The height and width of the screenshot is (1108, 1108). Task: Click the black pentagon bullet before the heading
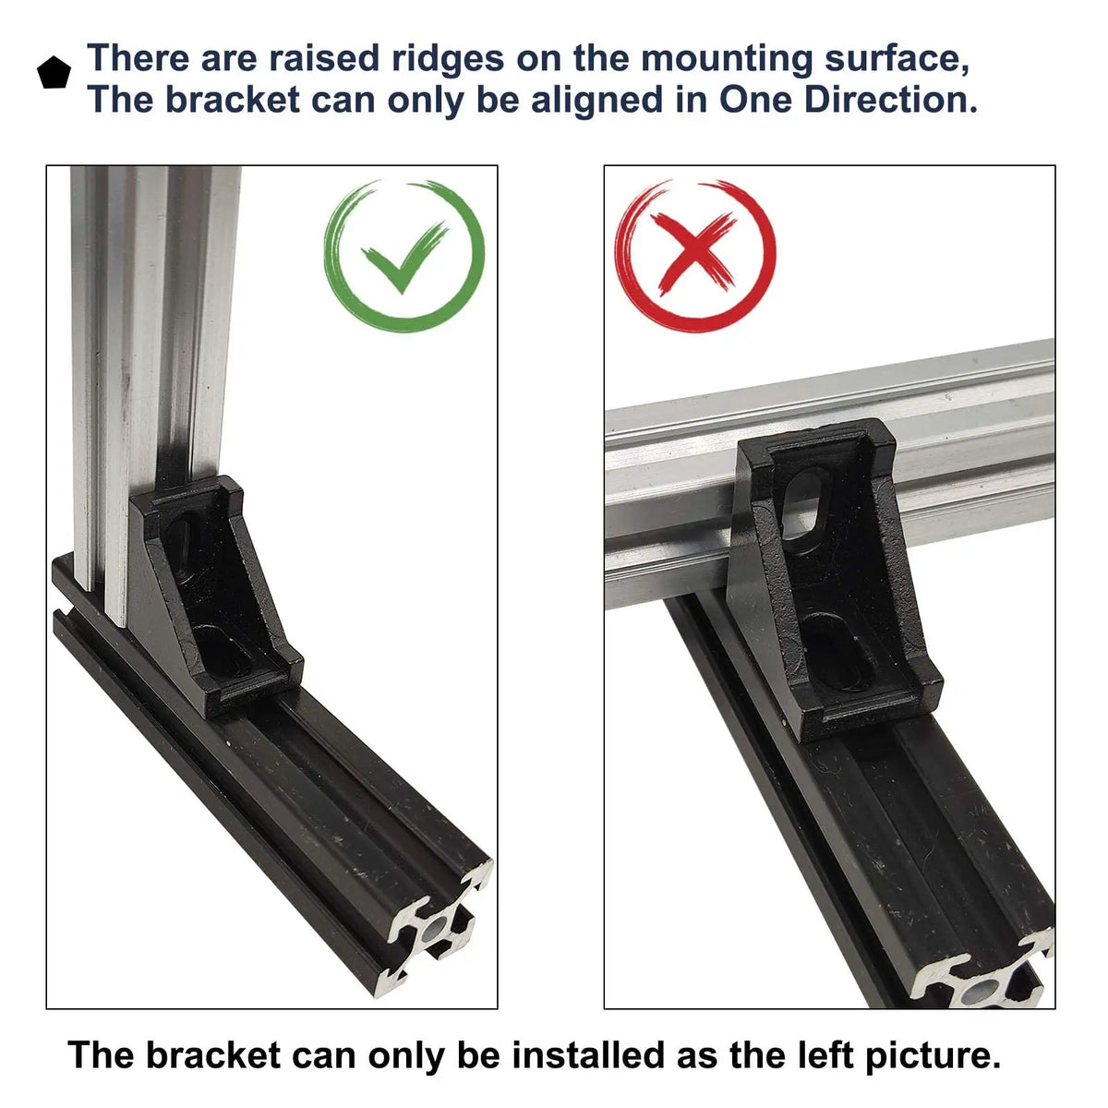[54, 73]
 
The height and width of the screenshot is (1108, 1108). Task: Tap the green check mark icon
[404, 257]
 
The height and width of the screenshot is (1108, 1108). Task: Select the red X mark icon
[695, 256]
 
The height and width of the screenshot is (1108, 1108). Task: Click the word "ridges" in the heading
[447, 58]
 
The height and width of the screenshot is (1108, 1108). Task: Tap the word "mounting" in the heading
[727, 59]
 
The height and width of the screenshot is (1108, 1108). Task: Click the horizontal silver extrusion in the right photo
[829, 472]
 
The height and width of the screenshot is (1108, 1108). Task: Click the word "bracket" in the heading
[233, 100]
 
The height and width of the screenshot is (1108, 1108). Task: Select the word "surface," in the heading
[897, 59]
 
